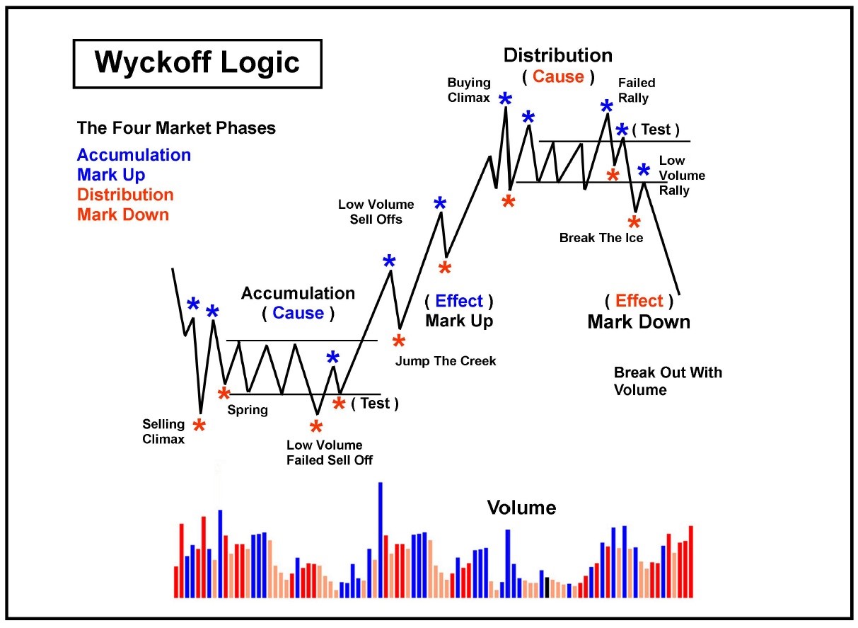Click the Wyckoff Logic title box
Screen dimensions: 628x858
coord(197,64)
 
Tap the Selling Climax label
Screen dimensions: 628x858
coord(163,431)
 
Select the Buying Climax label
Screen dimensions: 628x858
coord(469,91)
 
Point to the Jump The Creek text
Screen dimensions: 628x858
coord(446,361)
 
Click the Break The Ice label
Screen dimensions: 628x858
coord(601,238)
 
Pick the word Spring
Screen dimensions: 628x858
coord(248,409)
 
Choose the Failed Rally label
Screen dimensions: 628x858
coord(637,91)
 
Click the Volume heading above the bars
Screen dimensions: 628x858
coord(521,508)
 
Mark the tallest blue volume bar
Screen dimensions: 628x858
coord(381,539)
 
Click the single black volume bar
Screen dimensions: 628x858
coord(547,588)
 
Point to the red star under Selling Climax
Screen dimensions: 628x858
coord(199,426)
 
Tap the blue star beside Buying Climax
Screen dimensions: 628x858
coord(505,100)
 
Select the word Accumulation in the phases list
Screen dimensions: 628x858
coord(134,155)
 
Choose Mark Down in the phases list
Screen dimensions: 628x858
coord(123,215)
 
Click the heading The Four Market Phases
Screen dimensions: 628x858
coord(176,129)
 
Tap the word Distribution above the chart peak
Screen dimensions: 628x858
coord(557,55)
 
